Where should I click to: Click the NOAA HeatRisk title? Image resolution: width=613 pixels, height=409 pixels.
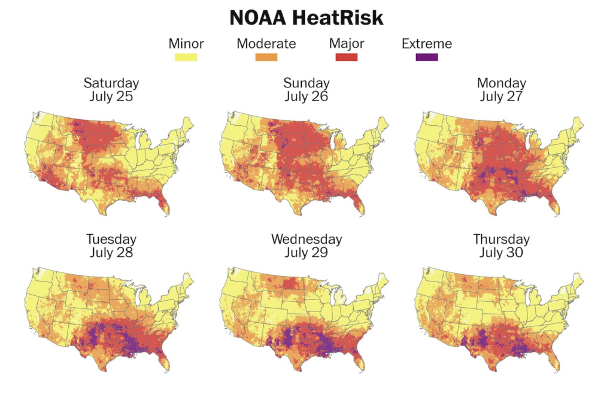pyautogui.click(x=306, y=18)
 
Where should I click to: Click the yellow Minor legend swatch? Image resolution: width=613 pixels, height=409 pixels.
pyautogui.click(x=186, y=57)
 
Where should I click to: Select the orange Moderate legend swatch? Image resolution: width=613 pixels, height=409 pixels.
pyautogui.click(x=266, y=57)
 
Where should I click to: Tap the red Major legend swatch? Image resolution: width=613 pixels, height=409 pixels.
pyautogui.click(x=347, y=57)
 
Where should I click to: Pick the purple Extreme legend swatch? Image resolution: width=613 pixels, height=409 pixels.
pyautogui.click(x=427, y=57)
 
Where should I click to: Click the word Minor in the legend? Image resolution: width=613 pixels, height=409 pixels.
pyautogui.click(x=186, y=43)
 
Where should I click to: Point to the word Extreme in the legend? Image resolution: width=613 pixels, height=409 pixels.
pyautogui.click(x=427, y=43)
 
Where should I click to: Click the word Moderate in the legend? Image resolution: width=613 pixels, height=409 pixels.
pyautogui.click(x=266, y=43)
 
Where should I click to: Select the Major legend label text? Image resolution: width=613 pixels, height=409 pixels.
pyautogui.click(x=347, y=44)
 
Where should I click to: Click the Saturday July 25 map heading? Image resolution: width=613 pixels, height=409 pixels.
pyautogui.click(x=111, y=90)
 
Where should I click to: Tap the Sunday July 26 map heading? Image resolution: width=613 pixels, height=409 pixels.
pyautogui.click(x=306, y=90)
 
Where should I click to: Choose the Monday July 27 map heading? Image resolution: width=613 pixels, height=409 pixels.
pyautogui.click(x=502, y=90)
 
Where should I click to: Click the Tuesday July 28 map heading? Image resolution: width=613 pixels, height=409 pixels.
pyautogui.click(x=111, y=246)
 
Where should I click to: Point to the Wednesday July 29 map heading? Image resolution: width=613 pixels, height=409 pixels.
pyautogui.click(x=306, y=246)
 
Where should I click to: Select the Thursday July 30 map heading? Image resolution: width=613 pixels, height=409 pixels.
pyautogui.click(x=502, y=246)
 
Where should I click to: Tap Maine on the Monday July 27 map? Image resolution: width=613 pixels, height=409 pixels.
pyautogui.click(x=576, y=127)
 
